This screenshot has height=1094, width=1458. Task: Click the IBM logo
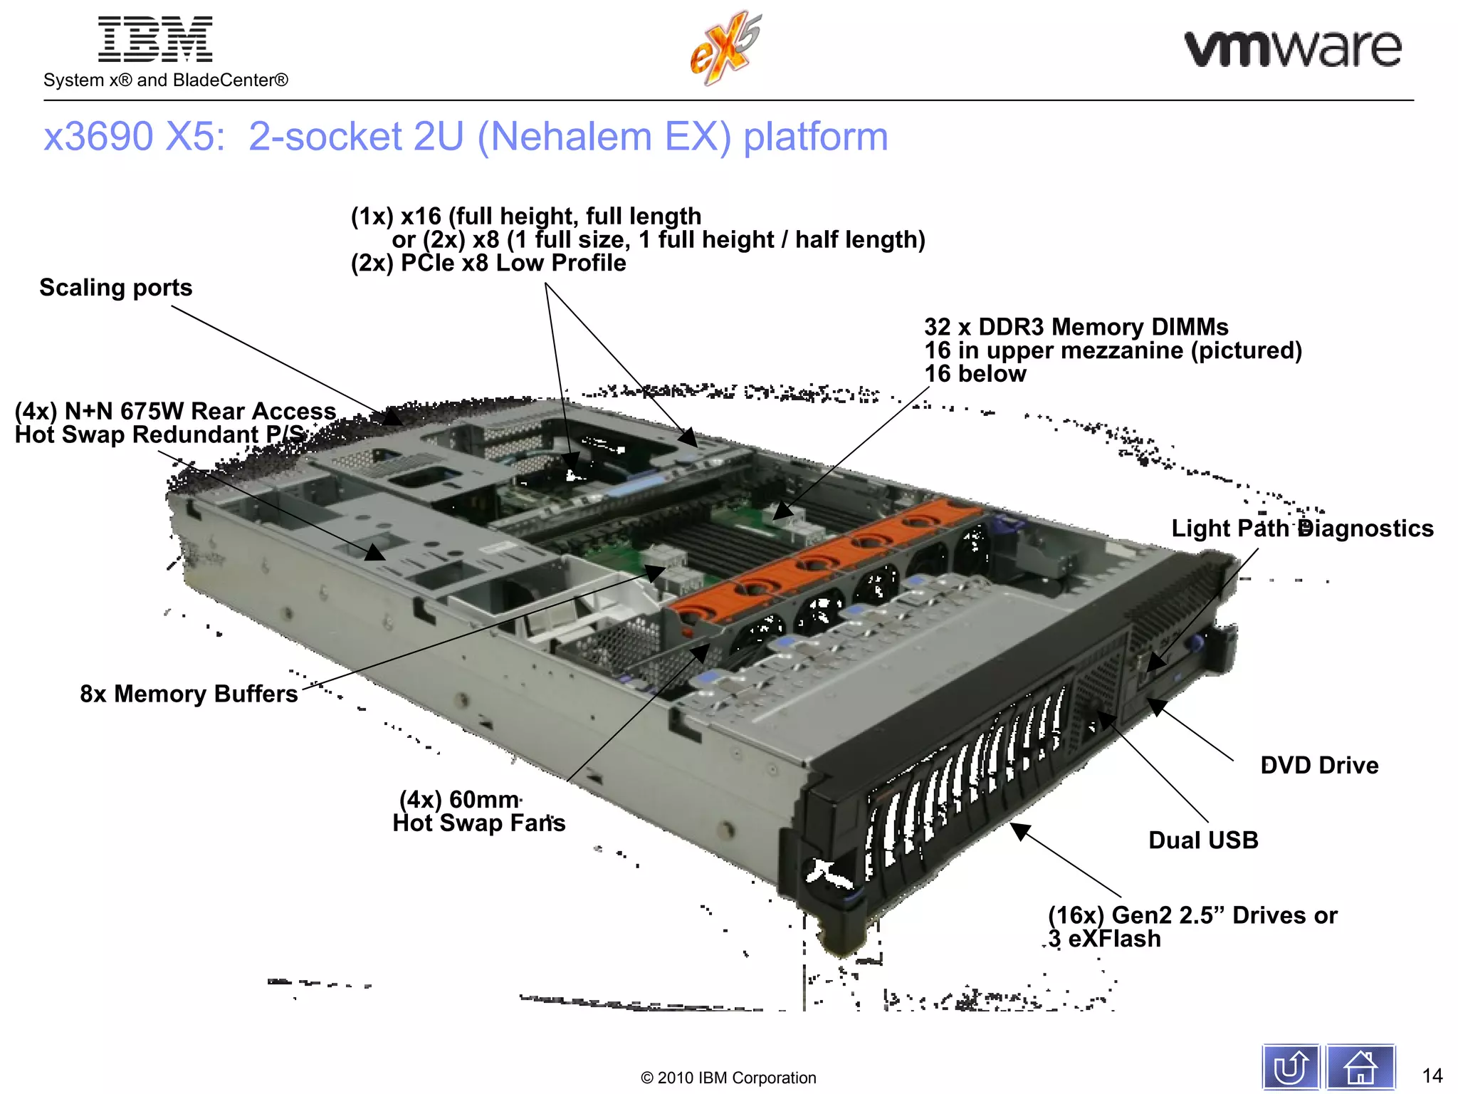coord(154,40)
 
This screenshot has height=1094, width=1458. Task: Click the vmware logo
coord(1293,48)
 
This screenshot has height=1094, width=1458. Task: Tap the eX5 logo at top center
coord(725,48)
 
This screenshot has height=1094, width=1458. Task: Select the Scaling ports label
coord(115,288)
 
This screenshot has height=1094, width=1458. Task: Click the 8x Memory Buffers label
coord(189,694)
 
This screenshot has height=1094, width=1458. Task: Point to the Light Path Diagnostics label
coord(1302,528)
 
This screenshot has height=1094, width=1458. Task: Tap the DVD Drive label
coord(1319,766)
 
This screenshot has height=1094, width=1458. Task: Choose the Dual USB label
coord(1203,840)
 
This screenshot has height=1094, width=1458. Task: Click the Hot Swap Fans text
coord(478,823)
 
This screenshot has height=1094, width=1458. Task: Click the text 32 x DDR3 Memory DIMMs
coord(1076,327)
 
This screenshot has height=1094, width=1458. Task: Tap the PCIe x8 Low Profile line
coord(488,264)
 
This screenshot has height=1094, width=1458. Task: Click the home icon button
coord(1360,1067)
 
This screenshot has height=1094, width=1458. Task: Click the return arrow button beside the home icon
coord(1291,1067)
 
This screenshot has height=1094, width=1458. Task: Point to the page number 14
coord(1432,1075)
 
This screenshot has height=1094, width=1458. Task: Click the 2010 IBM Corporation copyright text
coord(728,1078)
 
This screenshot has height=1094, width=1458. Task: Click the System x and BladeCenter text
coord(166,80)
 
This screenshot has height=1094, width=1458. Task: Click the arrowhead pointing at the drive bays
coord(1021,831)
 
